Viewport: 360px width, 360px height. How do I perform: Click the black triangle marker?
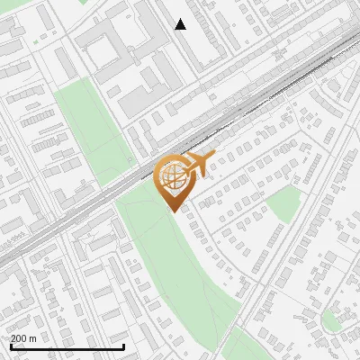[180, 25]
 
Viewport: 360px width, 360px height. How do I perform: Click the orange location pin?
[172, 181]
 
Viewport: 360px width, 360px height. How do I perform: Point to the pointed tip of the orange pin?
[172, 211]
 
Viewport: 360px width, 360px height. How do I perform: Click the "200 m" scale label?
[23, 338]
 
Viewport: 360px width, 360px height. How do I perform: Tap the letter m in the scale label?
[32, 338]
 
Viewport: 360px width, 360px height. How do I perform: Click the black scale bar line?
[67, 346]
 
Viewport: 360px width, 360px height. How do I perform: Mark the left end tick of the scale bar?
[10, 345]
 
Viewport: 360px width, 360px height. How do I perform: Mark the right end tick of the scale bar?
[123, 345]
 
